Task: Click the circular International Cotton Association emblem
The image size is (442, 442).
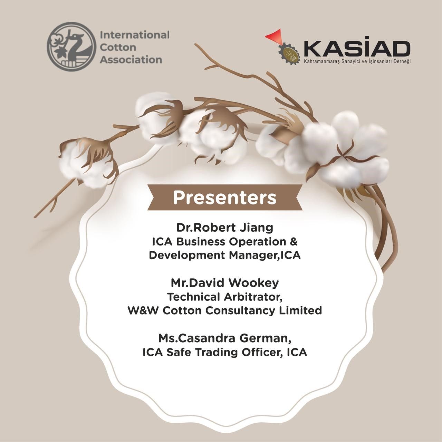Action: (71, 47)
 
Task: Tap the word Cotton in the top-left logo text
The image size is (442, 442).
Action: (118, 48)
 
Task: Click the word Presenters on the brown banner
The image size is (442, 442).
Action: (225, 198)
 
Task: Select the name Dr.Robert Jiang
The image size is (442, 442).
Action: (225, 228)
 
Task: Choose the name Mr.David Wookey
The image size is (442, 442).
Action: (225, 283)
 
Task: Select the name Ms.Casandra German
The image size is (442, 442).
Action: (225, 339)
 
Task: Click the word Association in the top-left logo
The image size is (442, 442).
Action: (131, 60)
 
